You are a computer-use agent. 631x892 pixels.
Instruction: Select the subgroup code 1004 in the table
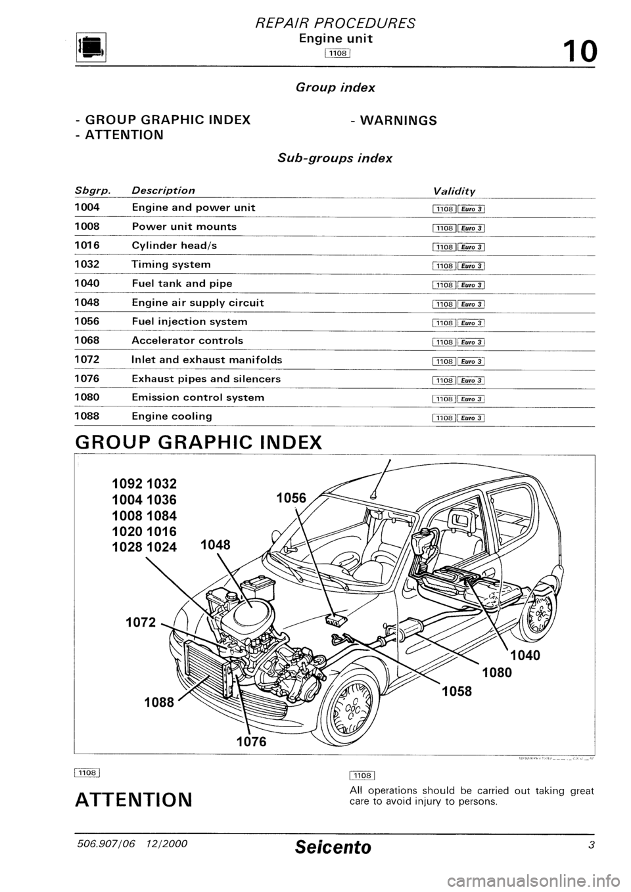click(x=87, y=208)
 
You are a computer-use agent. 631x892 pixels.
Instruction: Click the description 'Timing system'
click(x=172, y=265)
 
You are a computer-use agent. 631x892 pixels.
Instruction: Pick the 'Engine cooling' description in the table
click(x=172, y=416)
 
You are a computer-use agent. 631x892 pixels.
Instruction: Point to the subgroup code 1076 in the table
click(x=87, y=379)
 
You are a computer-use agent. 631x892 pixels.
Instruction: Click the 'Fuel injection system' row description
click(x=190, y=322)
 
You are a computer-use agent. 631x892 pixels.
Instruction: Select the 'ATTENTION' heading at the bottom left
click(x=134, y=801)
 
